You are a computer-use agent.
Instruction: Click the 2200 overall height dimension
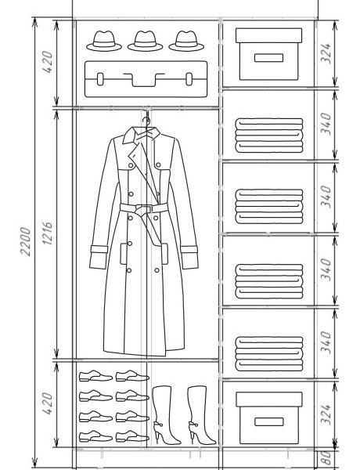[26, 241]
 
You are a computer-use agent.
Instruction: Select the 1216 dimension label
[47, 233]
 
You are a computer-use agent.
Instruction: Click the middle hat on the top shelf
[146, 41]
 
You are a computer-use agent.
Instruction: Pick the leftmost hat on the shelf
[104, 41]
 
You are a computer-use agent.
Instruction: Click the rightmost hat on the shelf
[186, 41]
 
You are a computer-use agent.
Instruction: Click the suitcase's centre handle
[144, 79]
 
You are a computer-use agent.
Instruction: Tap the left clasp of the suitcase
[100, 79]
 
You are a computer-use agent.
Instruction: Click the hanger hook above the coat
[146, 121]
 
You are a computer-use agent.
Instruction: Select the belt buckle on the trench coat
[144, 208]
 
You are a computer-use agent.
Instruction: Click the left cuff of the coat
[99, 257]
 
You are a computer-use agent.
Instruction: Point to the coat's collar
[142, 135]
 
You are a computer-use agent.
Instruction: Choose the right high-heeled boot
[200, 415]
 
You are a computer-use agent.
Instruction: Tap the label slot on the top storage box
[268, 58]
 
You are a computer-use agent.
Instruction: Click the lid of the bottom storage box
[269, 399]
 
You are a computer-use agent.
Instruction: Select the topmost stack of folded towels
[269, 136]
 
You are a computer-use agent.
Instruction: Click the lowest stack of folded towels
[269, 354]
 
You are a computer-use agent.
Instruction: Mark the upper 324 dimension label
[326, 53]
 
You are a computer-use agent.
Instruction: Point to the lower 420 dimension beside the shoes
[47, 403]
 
